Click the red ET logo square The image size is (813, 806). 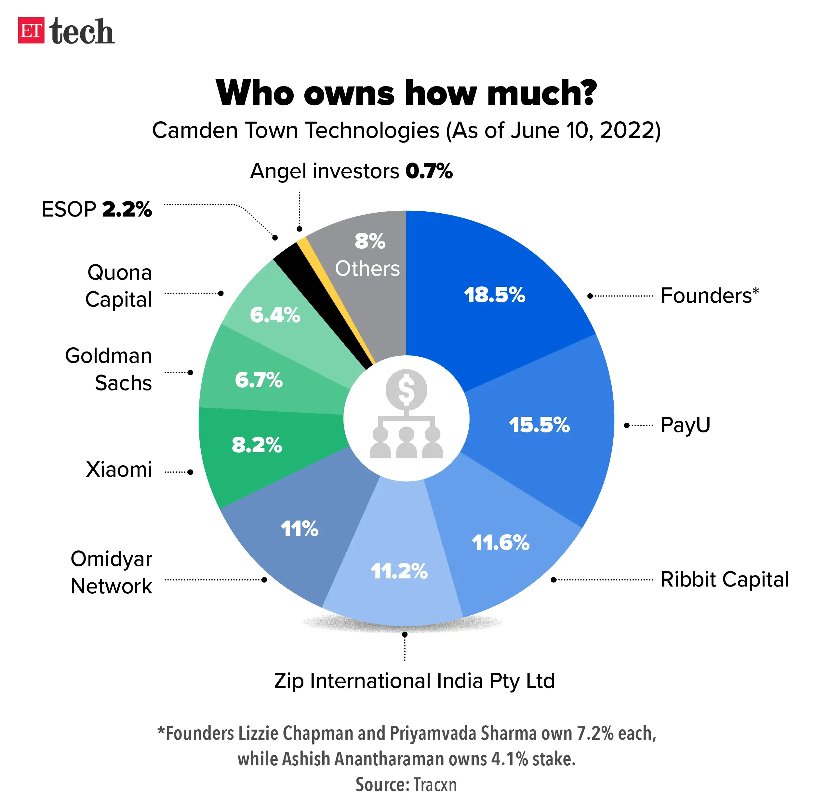point(31,30)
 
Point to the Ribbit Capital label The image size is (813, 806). point(724,579)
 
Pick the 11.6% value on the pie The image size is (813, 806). point(500,542)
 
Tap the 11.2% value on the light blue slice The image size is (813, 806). point(398,571)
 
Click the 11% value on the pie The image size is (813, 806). point(299,528)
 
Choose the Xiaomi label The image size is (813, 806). point(119,469)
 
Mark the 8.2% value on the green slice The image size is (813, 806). point(257,445)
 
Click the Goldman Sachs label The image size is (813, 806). point(109,369)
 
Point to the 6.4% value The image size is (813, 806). point(275,315)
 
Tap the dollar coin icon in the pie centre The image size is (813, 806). point(406,389)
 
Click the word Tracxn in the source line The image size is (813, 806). point(435,785)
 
